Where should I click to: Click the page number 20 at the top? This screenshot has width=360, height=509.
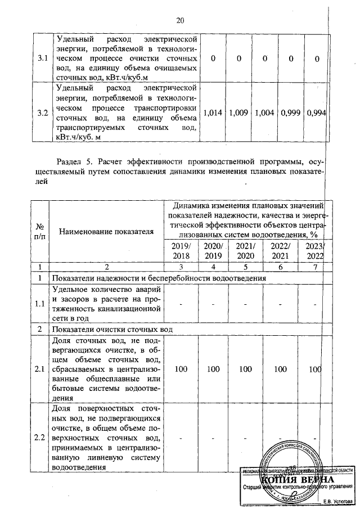point(180,21)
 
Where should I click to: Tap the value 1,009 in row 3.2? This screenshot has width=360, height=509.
point(237,112)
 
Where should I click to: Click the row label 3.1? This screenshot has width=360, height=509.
point(42,58)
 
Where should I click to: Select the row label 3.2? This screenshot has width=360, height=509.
point(42,112)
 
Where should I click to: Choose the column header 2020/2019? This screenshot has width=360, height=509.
point(214,251)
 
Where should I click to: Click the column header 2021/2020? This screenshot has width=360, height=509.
point(246,251)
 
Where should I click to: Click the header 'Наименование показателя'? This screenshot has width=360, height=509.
point(106,231)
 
